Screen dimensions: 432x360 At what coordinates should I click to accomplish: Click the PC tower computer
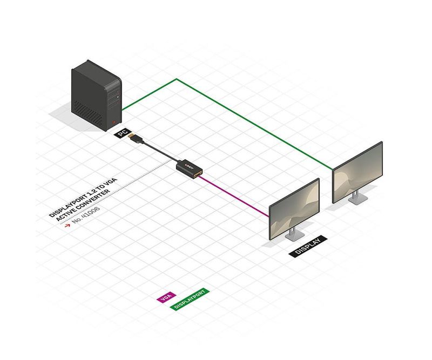97,96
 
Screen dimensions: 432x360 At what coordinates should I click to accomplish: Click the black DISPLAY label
308,246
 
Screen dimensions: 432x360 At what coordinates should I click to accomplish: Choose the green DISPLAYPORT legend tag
190,299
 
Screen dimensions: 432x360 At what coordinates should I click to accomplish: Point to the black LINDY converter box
190,168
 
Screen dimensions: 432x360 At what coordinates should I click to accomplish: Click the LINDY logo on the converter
190,166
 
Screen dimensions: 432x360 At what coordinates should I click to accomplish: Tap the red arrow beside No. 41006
67,225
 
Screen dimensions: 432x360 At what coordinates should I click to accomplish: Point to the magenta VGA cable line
234,196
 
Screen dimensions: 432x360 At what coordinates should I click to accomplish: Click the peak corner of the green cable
177,79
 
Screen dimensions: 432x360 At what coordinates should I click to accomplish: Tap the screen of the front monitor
294,209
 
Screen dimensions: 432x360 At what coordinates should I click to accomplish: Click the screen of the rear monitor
357,173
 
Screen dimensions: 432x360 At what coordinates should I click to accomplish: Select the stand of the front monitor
294,234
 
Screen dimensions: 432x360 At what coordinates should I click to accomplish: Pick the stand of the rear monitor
357,198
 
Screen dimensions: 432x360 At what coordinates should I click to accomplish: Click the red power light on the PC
114,123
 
